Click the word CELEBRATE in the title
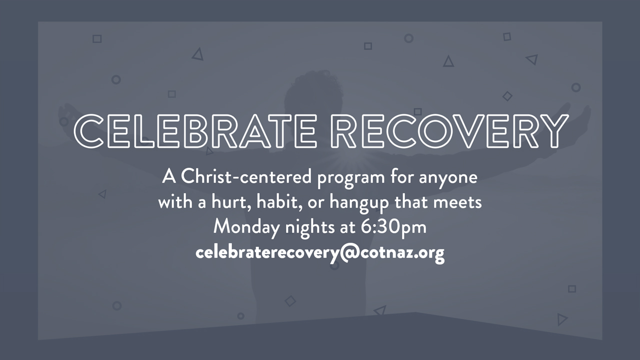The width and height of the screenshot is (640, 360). (x=195, y=131)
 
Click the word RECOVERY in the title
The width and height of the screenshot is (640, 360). (x=449, y=131)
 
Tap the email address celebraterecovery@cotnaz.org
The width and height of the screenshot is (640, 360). (x=320, y=253)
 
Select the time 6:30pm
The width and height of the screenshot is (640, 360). (x=393, y=227)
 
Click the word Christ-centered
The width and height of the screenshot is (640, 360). (x=246, y=176)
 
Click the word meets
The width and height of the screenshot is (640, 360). (x=457, y=202)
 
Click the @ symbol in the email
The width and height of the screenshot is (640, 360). (x=349, y=253)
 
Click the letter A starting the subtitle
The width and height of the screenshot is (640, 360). (x=169, y=176)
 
